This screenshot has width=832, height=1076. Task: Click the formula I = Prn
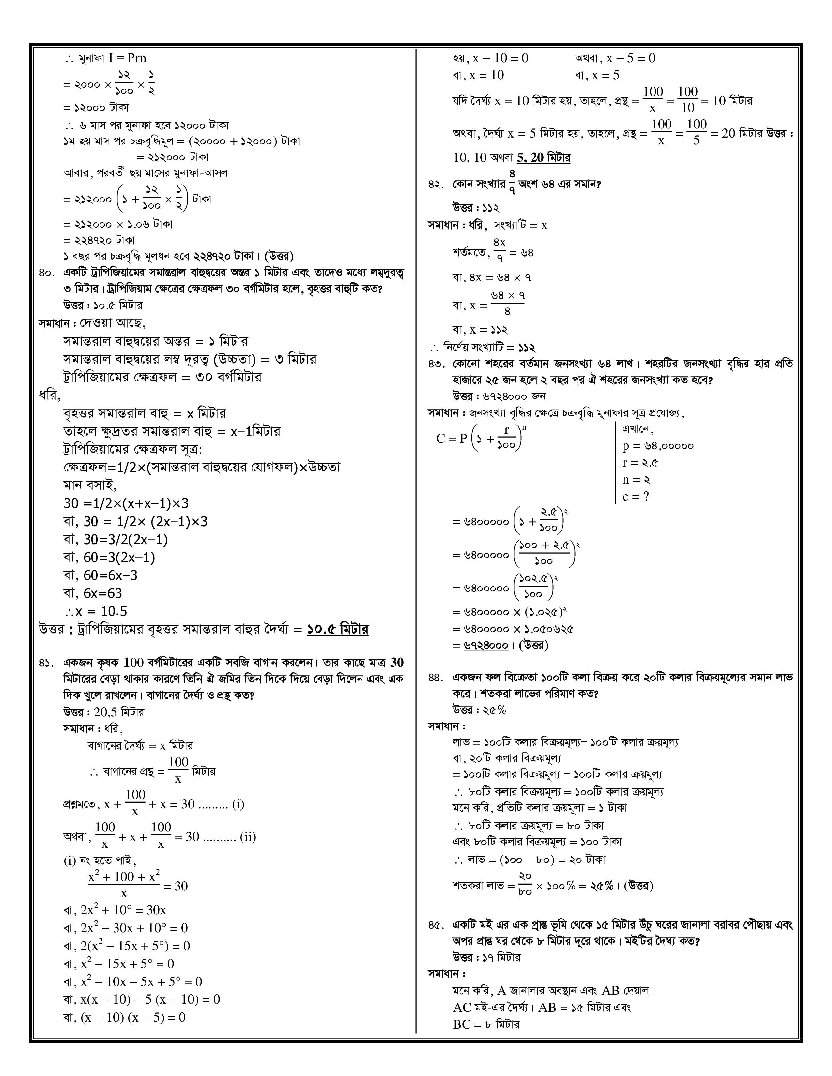click(127, 58)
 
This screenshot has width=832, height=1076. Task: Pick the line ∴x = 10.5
click(96, 611)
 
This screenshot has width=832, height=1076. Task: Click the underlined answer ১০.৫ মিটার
click(338, 630)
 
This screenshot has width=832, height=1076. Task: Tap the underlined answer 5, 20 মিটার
click(543, 158)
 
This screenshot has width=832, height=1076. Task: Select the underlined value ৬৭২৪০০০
click(486, 645)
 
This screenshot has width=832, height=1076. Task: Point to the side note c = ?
click(636, 497)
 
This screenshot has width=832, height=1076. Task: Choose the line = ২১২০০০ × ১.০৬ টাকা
click(118, 224)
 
